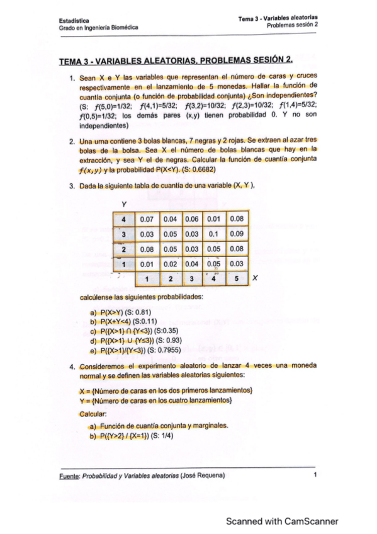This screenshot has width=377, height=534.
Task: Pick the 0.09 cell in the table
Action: tap(237, 235)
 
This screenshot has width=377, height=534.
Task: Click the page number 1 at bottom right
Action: tap(313, 477)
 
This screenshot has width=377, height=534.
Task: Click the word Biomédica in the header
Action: tap(124, 28)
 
